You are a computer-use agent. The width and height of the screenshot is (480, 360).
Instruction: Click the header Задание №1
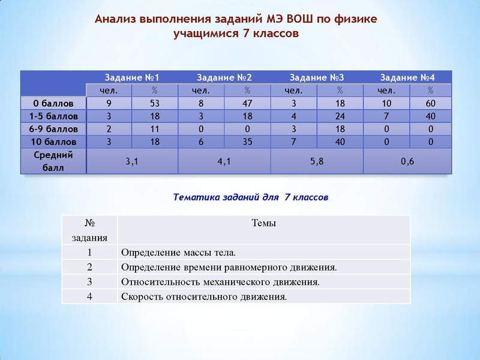(132, 78)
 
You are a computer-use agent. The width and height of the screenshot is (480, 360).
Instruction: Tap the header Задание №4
(407, 78)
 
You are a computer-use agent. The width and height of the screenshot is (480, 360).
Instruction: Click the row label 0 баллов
(53, 104)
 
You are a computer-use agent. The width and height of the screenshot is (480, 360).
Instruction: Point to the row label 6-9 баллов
(53, 129)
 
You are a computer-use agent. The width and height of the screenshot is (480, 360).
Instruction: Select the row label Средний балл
(53, 161)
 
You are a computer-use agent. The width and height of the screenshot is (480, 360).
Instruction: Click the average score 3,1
(132, 161)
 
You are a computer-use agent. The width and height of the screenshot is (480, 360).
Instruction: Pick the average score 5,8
(317, 161)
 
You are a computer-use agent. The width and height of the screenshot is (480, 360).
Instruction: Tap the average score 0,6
(407, 161)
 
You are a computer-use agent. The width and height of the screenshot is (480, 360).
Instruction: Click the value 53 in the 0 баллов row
(155, 104)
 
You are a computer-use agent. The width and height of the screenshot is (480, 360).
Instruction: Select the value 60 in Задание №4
(430, 104)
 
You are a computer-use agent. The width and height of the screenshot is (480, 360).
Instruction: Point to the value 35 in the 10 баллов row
(247, 142)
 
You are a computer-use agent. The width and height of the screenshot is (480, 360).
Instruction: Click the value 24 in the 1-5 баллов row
(340, 116)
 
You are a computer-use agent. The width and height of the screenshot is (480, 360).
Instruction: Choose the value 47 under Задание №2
(247, 104)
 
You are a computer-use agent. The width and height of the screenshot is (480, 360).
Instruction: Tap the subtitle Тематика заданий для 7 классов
(250, 197)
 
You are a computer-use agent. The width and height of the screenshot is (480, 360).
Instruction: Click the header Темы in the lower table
(263, 223)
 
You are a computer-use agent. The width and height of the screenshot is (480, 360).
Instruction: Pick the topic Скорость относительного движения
(204, 296)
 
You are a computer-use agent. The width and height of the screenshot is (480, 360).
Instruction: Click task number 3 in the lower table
(89, 281)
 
